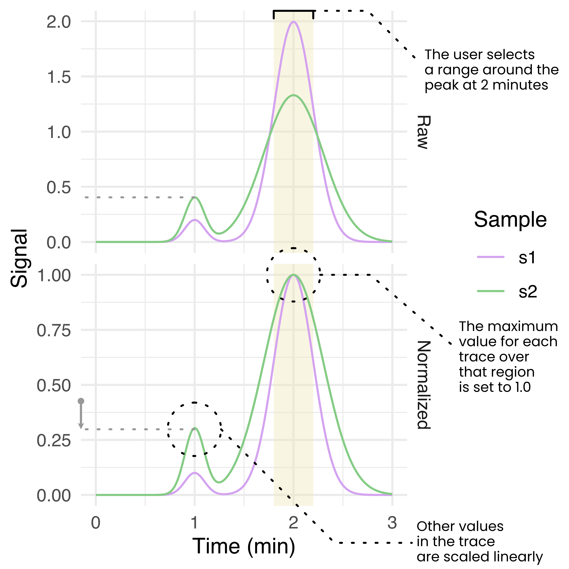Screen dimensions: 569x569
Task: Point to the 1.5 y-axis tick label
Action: pyautogui.click(x=59, y=77)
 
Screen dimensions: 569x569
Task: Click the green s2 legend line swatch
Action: pyautogui.click(x=491, y=291)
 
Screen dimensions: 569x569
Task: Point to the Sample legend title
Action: pyautogui.click(x=510, y=220)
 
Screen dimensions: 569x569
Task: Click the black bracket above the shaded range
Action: pyautogui.click(x=293, y=11)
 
